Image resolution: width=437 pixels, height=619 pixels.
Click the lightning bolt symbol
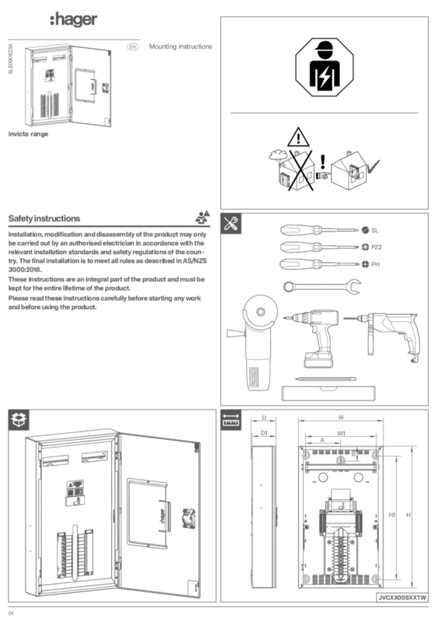tap(325, 77)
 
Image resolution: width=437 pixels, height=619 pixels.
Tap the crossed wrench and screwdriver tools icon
tap(231, 224)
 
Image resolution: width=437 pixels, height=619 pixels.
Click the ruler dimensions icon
tap(231, 420)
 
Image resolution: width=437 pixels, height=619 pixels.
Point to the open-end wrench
tap(321, 286)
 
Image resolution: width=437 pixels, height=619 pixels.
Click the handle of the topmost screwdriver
tap(299, 230)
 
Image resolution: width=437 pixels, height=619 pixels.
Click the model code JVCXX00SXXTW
tap(401, 597)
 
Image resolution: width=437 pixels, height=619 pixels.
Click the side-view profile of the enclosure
tap(263, 517)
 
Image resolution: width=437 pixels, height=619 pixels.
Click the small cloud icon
tap(278, 155)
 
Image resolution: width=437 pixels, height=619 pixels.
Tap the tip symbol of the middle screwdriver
tap(365, 247)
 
